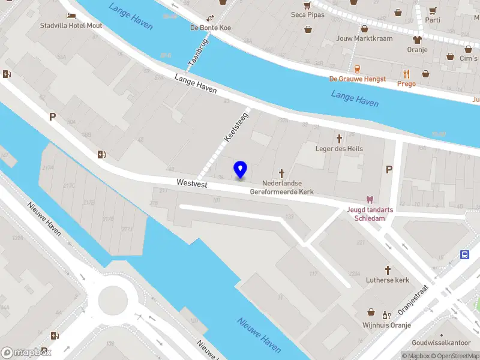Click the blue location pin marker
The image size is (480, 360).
pyautogui.click(x=241, y=169)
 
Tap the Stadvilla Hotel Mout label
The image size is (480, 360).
pyautogui.click(x=71, y=26)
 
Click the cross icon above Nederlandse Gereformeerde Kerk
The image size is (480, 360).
pyautogui.click(x=281, y=173)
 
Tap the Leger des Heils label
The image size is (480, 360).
pyautogui.click(x=339, y=149)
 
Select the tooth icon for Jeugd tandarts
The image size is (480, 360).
pyautogui.click(x=369, y=200)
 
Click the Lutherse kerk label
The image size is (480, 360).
pyautogui.click(x=388, y=280)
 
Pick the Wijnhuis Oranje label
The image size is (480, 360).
pyautogui.click(x=386, y=325)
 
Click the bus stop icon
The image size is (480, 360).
pyautogui.click(x=465, y=254)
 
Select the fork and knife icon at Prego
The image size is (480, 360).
pyautogui.click(x=406, y=74)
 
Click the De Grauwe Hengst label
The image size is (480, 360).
pyautogui.click(x=356, y=79)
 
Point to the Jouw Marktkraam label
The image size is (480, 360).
pyautogui.click(x=365, y=38)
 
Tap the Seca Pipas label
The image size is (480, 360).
pyautogui.click(x=307, y=14)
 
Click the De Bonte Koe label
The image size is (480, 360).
pyautogui.click(x=211, y=28)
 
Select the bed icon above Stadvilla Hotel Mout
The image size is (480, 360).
pyautogui.click(x=71, y=16)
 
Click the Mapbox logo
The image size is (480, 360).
pyautogui.click(x=27, y=352)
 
